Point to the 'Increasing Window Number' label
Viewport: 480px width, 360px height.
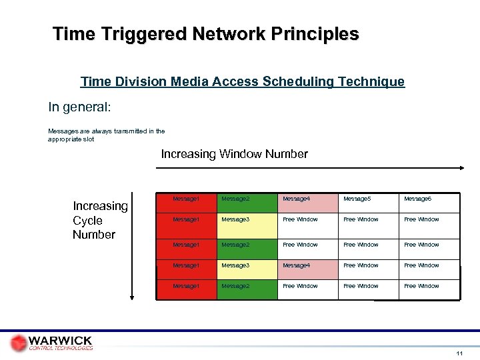pos(234,154)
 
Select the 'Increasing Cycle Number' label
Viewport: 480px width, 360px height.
pos(100,220)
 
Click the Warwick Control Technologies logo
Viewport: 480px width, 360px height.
pos(52,343)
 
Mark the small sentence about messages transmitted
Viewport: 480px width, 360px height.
pos(106,135)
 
